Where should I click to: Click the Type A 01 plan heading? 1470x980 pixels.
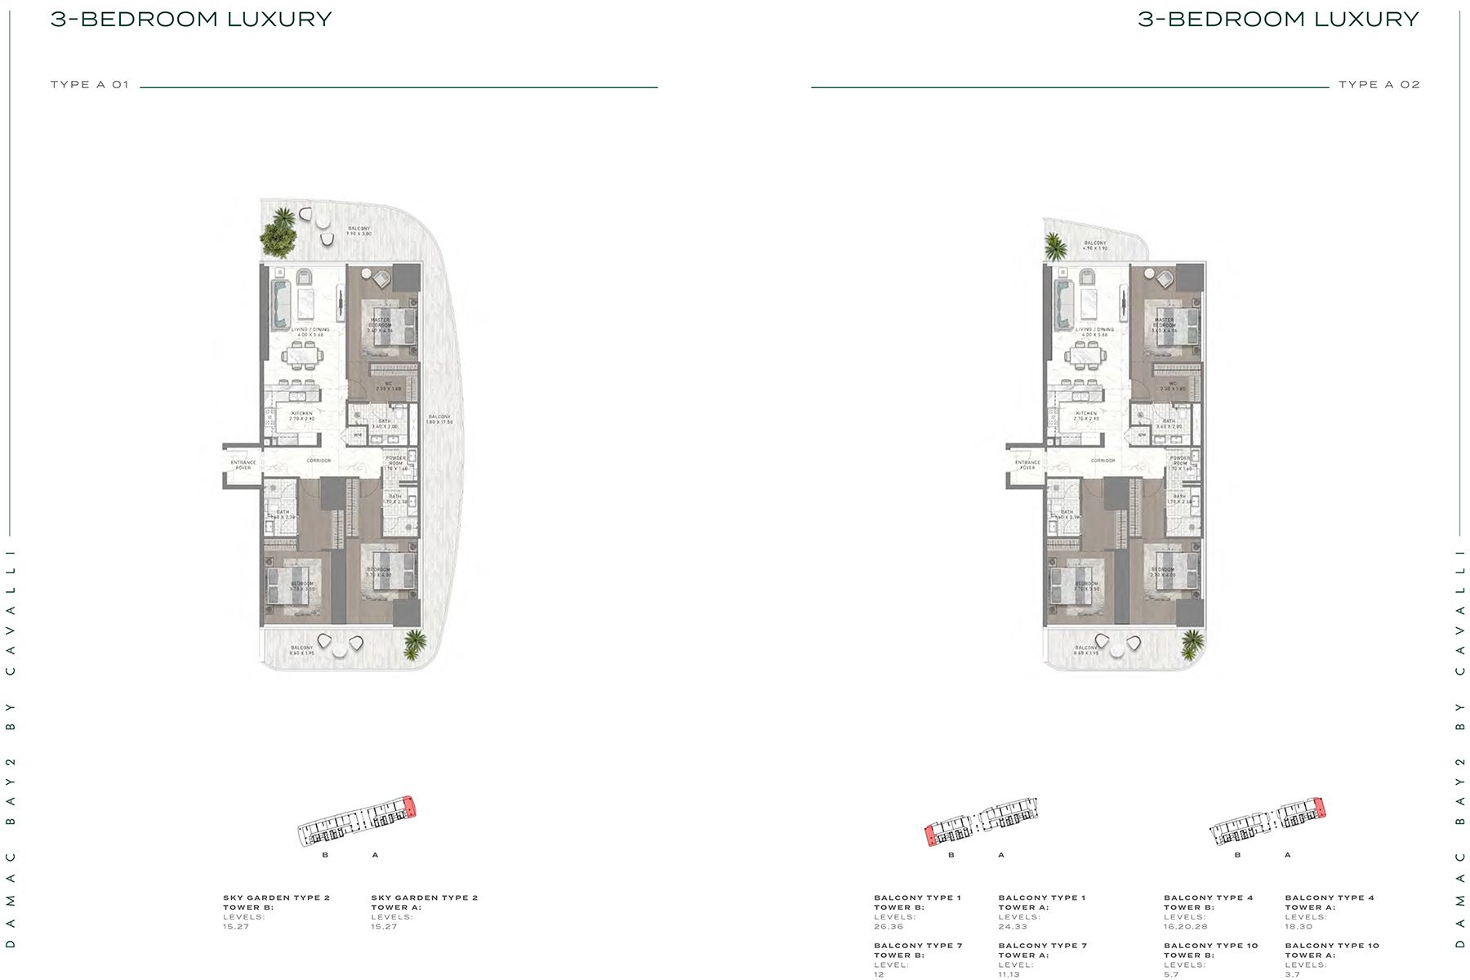(90, 84)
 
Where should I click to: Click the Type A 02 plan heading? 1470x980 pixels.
(1379, 84)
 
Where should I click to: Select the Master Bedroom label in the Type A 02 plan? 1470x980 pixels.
(1164, 323)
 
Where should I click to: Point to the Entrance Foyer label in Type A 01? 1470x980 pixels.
(243, 465)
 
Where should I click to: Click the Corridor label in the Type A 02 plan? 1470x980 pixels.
(1102, 461)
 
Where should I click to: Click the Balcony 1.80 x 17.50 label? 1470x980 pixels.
(439, 420)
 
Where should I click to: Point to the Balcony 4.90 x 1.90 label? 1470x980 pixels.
(1095, 246)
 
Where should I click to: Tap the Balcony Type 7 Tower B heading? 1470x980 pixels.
(918, 951)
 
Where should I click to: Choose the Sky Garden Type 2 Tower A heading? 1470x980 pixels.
(424, 902)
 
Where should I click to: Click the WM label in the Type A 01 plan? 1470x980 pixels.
(358, 435)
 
